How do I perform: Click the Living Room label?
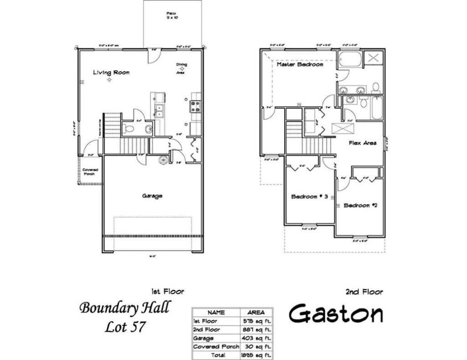point(111,72)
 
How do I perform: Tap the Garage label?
point(152,196)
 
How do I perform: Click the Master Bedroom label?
point(300,65)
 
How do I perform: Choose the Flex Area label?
point(363,143)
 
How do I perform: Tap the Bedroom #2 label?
point(360,206)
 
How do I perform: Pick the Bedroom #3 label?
point(310,197)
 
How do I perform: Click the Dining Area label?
point(182,67)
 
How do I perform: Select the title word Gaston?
point(336,314)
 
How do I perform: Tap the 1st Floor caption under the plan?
point(167,291)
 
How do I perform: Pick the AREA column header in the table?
point(256,313)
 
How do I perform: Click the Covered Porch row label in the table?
point(216,347)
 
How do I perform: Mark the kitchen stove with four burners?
point(195,106)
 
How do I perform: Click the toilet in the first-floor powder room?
point(130,129)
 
